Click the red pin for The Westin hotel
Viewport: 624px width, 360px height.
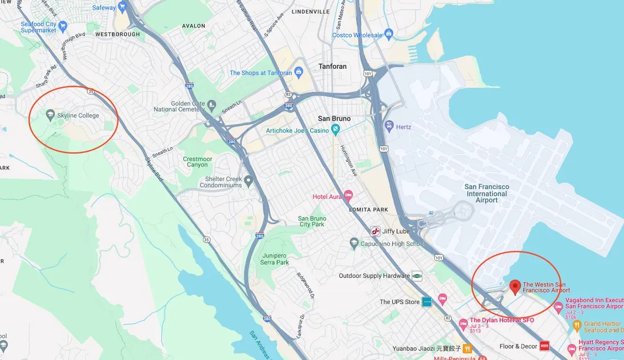(515, 287)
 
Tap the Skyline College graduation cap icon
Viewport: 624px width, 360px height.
(50, 116)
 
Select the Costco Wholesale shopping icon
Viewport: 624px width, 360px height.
(389, 35)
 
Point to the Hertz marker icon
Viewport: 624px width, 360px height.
(389, 126)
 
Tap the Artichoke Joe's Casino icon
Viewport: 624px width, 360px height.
(336, 130)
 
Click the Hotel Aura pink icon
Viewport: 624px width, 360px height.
(348, 197)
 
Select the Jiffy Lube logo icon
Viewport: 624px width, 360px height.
(375, 231)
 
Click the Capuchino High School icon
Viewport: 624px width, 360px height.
(354, 244)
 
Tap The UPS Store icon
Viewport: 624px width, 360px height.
(427, 302)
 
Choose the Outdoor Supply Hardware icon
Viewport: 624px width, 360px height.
(417, 276)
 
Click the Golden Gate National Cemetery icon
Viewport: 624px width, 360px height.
(212, 105)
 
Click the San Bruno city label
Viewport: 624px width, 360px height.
(334, 118)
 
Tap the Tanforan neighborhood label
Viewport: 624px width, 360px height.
(332, 66)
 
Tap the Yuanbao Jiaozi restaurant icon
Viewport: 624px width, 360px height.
(467, 348)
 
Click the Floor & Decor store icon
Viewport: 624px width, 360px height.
(544, 346)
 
